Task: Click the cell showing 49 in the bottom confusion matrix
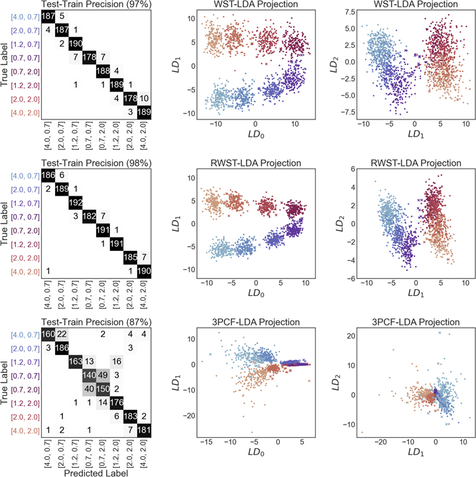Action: (x=103, y=375)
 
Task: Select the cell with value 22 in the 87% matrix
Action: (x=62, y=334)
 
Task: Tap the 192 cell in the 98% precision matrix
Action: (x=76, y=202)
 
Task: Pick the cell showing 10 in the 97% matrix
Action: (x=144, y=98)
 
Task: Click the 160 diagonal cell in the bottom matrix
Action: (x=48, y=334)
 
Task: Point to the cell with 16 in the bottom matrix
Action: (x=117, y=362)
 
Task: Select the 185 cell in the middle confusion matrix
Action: (x=131, y=257)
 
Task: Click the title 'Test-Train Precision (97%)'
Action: (x=96, y=4)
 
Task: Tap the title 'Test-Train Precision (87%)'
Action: (x=96, y=322)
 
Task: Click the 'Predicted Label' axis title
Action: (x=96, y=473)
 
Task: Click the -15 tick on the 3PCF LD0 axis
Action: (x=206, y=442)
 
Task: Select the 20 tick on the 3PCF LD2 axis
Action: (x=351, y=336)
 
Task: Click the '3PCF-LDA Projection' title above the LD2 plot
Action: (x=416, y=322)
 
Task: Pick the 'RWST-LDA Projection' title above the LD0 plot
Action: (x=256, y=163)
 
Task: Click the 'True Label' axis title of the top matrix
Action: (x=4, y=64)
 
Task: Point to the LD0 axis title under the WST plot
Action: (x=256, y=134)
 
